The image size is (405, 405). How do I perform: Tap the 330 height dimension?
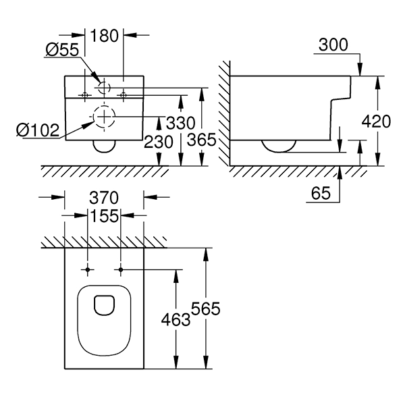pyautogui.click(x=180, y=123)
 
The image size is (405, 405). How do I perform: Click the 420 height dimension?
pyautogui.click(x=376, y=122)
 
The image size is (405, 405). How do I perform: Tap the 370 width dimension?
pyautogui.click(x=105, y=198)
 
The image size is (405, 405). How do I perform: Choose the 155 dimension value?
pyautogui.click(x=105, y=216)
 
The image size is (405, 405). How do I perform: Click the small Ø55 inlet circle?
pyautogui.click(x=104, y=86)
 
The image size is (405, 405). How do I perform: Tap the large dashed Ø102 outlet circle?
pyautogui.click(x=104, y=116)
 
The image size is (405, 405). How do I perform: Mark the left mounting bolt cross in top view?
pyautogui.click(x=88, y=270)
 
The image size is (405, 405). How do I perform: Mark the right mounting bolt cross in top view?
pyautogui.click(x=120, y=270)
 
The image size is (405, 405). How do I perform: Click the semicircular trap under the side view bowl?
pyautogui.click(x=279, y=144)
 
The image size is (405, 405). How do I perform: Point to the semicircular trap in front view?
pyautogui.click(x=104, y=145)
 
